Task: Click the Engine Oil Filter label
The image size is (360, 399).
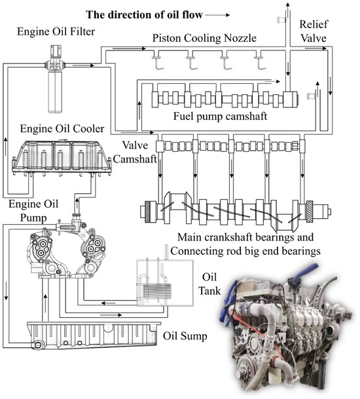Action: [x=56, y=31]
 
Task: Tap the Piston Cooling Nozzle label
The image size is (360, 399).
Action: [x=204, y=38]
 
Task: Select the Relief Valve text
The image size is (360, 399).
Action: [x=313, y=31]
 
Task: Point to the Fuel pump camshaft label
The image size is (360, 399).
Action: [x=220, y=116]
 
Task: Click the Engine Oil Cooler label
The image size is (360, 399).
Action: [x=62, y=128]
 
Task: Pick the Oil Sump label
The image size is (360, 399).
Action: [x=185, y=336]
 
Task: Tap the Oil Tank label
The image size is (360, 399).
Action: [x=209, y=284]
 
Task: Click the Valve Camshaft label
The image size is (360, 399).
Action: [x=135, y=152]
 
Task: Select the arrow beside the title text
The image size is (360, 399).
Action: [x=217, y=15]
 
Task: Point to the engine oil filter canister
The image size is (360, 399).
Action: [x=55, y=92]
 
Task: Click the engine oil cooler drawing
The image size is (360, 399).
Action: [x=62, y=158]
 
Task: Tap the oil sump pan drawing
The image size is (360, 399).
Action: [x=94, y=335]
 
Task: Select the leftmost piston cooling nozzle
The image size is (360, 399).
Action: [x=158, y=63]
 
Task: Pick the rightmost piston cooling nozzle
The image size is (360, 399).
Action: [x=260, y=63]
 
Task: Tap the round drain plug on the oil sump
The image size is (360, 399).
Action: [x=38, y=345]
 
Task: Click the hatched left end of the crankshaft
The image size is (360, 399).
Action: [x=148, y=212]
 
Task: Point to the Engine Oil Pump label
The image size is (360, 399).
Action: [x=33, y=211]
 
